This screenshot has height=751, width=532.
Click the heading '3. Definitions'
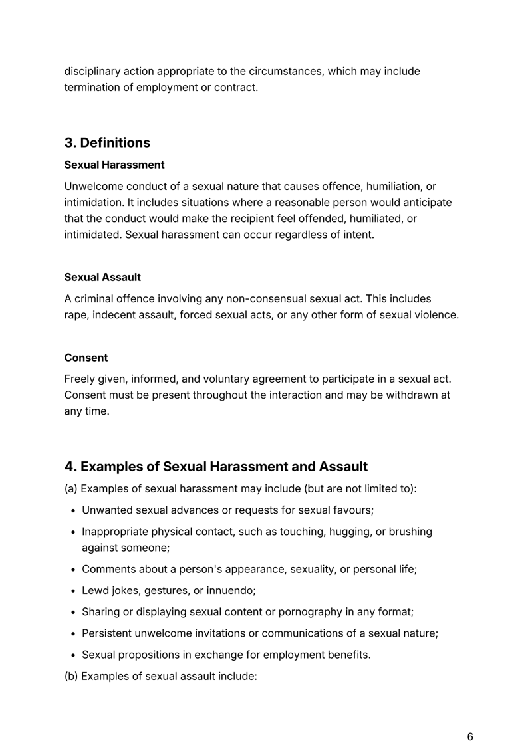[107, 143]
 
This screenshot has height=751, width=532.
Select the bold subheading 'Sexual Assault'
[102, 276]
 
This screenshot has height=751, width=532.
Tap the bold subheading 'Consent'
[86, 358]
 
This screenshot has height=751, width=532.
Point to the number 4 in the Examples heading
[69, 467]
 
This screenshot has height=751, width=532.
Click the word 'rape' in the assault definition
[76, 315]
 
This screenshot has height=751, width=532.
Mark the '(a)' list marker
[71, 489]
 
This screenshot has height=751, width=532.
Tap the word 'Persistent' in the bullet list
[108, 633]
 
